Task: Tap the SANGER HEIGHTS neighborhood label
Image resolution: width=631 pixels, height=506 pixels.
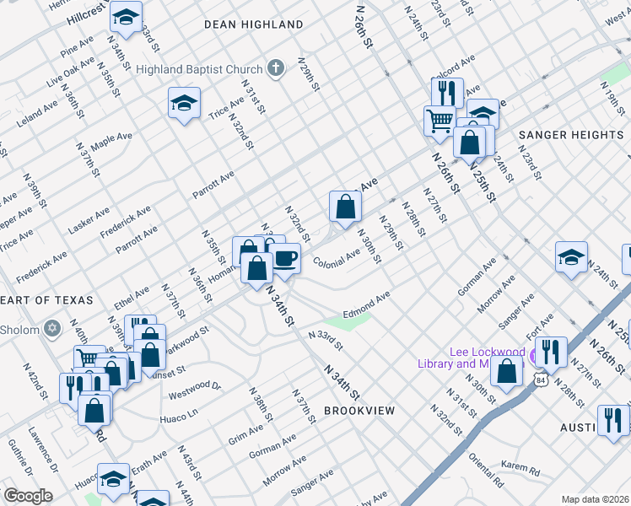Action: [570, 135]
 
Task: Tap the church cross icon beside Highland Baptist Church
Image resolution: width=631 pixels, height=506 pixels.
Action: [275, 67]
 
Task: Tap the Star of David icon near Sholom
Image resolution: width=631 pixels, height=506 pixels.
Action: [52, 327]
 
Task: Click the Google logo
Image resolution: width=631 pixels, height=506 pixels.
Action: [27, 496]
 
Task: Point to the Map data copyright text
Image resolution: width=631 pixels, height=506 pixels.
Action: [595, 499]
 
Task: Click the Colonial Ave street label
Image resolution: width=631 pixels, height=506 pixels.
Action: [337, 257]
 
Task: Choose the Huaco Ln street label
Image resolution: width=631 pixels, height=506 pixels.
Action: [178, 414]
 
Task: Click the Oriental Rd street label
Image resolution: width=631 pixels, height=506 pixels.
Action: [488, 472]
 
